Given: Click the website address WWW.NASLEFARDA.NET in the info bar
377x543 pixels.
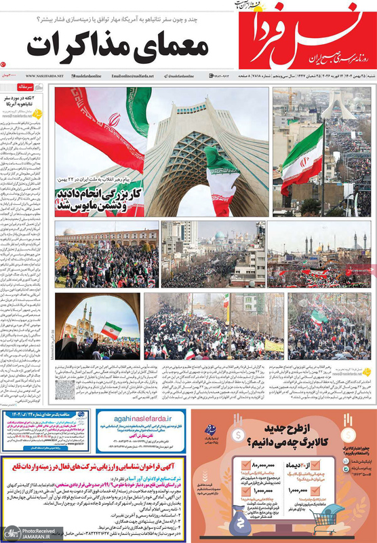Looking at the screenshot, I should [x=45, y=75].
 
